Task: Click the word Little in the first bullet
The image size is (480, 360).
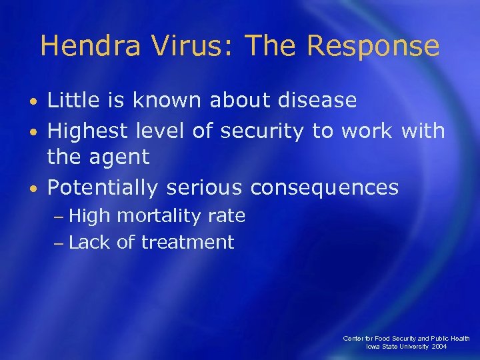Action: click(69, 101)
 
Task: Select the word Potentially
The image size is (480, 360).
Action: click(103, 188)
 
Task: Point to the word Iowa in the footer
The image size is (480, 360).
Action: click(373, 347)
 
